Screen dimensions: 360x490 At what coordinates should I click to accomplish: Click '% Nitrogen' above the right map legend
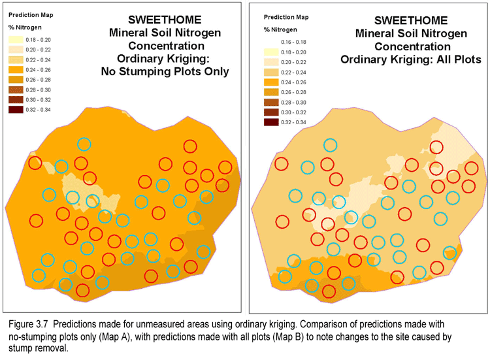(x=280, y=29)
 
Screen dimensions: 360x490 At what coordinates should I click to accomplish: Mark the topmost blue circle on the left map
(x=84, y=144)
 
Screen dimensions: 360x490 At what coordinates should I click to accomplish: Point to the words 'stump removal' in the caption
(x=39, y=348)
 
